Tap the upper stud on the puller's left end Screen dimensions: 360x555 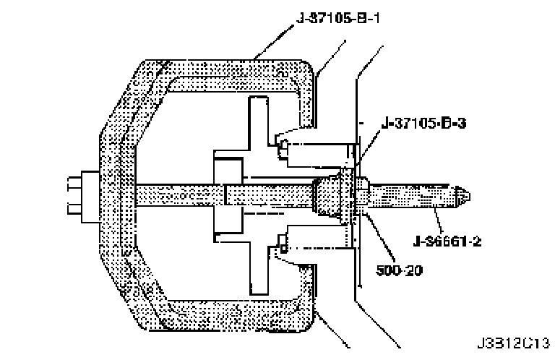click(73, 184)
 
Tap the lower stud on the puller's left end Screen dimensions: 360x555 click(73, 210)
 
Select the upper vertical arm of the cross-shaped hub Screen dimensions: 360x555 click(257, 123)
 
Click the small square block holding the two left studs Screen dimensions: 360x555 click(90, 196)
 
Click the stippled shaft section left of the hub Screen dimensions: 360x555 click(173, 196)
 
